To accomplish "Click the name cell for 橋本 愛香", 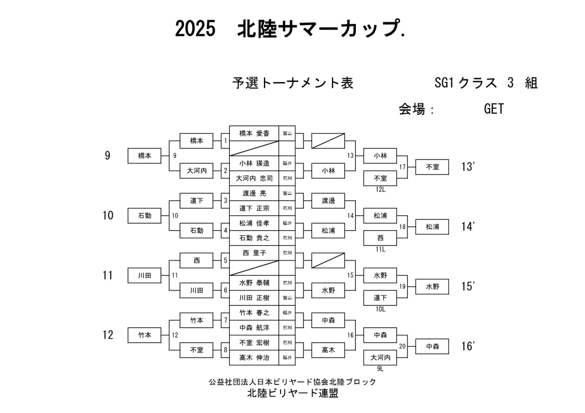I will [x=254, y=133].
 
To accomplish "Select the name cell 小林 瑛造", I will [x=254, y=163].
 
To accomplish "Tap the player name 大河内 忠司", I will [x=254, y=178].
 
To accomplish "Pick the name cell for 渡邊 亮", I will [x=254, y=193].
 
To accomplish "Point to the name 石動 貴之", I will [x=254, y=238].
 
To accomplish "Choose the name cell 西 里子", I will [x=254, y=252].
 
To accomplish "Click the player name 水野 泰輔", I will [x=254, y=282].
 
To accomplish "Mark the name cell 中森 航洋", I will [x=254, y=327].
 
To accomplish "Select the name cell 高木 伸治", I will [x=254, y=358].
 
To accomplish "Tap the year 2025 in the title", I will [x=195, y=29].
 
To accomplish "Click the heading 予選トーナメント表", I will [x=292, y=83].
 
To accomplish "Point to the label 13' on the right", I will [x=468, y=167].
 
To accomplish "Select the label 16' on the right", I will [x=468, y=346].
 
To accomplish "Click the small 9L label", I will [x=380, y=368].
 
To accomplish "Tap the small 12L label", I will [x=380, y=189].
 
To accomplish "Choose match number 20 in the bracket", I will [x=402, y=346].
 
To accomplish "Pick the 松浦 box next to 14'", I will [x=432, y=227].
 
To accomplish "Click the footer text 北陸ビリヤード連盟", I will [x=292, y=394].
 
